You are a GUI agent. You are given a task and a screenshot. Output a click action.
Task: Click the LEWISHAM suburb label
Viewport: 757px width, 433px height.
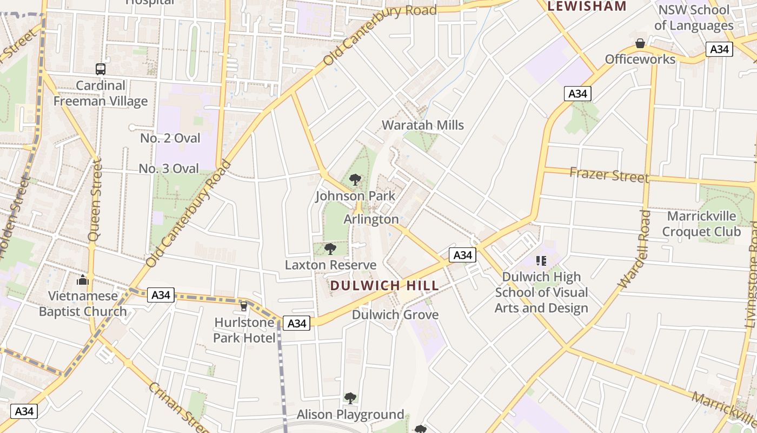[x=587, y=6]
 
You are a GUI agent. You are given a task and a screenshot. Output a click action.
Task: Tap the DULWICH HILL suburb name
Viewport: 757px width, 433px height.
[x=384, y=285]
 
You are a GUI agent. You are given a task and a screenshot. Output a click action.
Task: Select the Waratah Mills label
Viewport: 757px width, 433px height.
[x=423, y=125]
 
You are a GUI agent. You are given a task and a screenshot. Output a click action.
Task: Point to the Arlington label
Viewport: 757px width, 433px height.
[x=371, y=219]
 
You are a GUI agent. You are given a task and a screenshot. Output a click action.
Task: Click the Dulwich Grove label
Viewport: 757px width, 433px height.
[x=395, y=314]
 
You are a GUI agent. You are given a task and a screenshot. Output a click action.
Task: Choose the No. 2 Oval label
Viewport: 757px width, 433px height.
[x=170, y=138]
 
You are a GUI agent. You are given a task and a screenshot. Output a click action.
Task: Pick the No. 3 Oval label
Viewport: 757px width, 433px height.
[x=169, y=168]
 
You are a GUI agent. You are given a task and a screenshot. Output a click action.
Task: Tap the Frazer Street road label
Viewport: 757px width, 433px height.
[x=609, y=175]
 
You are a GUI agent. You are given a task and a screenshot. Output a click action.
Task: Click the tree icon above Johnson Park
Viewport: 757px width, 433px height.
[x=355, y=180]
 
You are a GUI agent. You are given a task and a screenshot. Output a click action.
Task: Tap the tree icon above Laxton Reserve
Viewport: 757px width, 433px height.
[x=330, y=249]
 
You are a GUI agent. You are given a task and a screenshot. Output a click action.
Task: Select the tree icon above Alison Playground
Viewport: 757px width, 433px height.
[x=350, y=398]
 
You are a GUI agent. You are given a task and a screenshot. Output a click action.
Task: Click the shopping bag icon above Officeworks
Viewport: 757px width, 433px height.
[x=640, y=43]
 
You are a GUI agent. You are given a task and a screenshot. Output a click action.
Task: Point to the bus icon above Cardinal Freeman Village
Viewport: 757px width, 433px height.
[x=101, y=69]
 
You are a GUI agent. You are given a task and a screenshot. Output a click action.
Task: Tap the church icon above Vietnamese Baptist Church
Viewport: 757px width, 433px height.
[x=83, y=280]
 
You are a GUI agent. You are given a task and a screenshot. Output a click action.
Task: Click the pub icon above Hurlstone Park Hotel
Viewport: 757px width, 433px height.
[x=244, y=306]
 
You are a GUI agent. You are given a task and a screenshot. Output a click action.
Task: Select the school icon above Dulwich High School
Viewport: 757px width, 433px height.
[x=541, y=261]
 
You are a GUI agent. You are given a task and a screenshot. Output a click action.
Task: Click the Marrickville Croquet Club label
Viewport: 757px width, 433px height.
[x=701, y=224]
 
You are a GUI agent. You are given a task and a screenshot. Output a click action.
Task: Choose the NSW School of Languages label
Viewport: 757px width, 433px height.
[x=694, y=17]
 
